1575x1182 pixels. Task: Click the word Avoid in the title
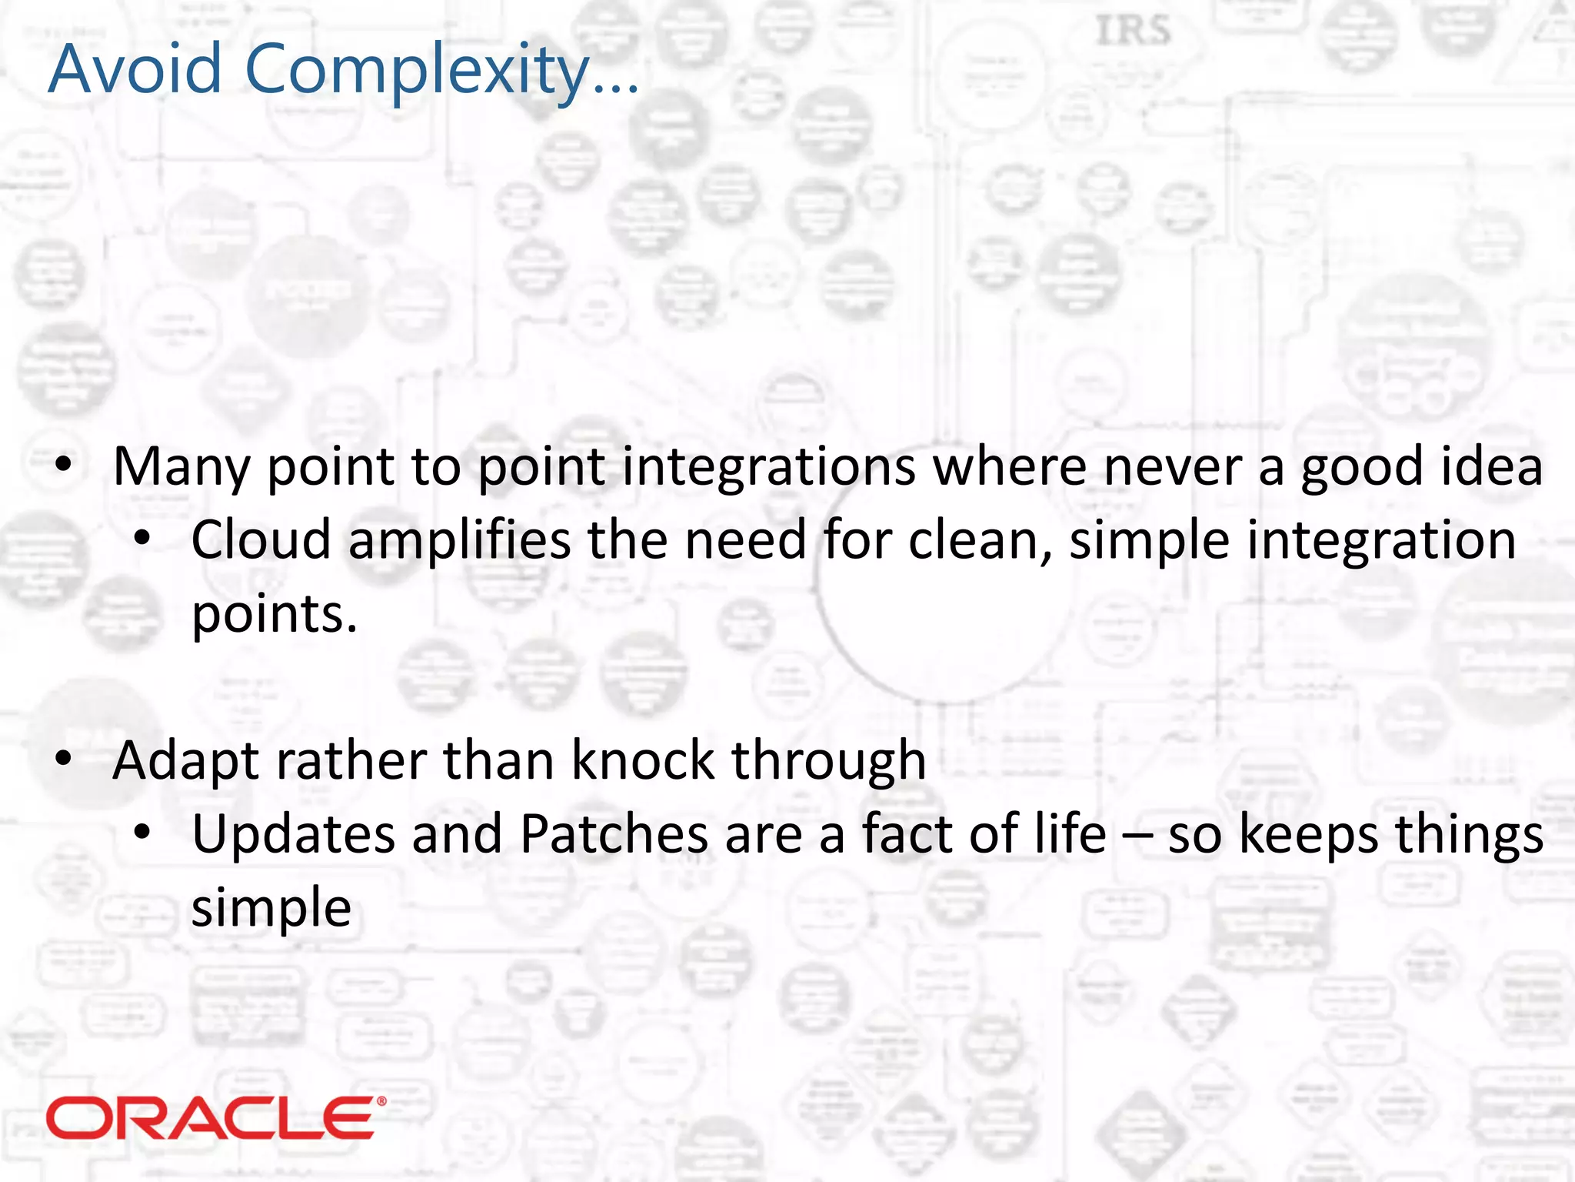(135, 69)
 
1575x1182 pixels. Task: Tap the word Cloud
(261, 539)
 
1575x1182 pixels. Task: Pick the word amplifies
(459, 541)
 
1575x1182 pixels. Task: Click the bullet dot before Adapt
(64, 759)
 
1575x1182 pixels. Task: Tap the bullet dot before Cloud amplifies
(142, 539)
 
